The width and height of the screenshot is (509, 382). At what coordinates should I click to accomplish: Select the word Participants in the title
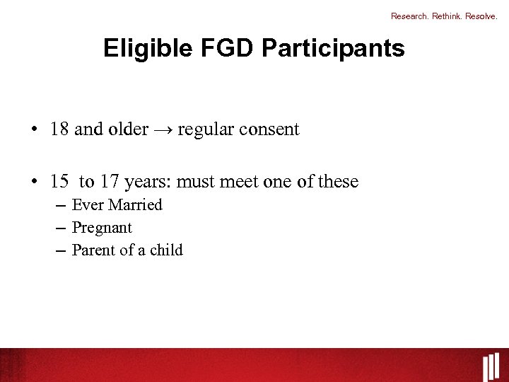[333, 48]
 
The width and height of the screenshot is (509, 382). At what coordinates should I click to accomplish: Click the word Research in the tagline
[409, 15]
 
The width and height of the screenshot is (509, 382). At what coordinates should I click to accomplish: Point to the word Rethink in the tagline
[447, 15]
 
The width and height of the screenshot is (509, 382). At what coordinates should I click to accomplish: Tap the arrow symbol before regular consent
[163, 130]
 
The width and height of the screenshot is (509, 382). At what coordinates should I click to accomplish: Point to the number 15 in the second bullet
[59, 182]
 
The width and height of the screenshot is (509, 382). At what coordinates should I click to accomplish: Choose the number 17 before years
[110, 182]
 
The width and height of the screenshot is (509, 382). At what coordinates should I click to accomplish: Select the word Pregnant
[102, 228]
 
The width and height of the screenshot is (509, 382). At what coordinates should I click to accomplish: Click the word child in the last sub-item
[166, 250]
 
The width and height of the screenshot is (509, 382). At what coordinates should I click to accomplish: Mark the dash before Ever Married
[59, 205]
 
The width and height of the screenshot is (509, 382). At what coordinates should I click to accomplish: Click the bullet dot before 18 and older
[34, 130]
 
